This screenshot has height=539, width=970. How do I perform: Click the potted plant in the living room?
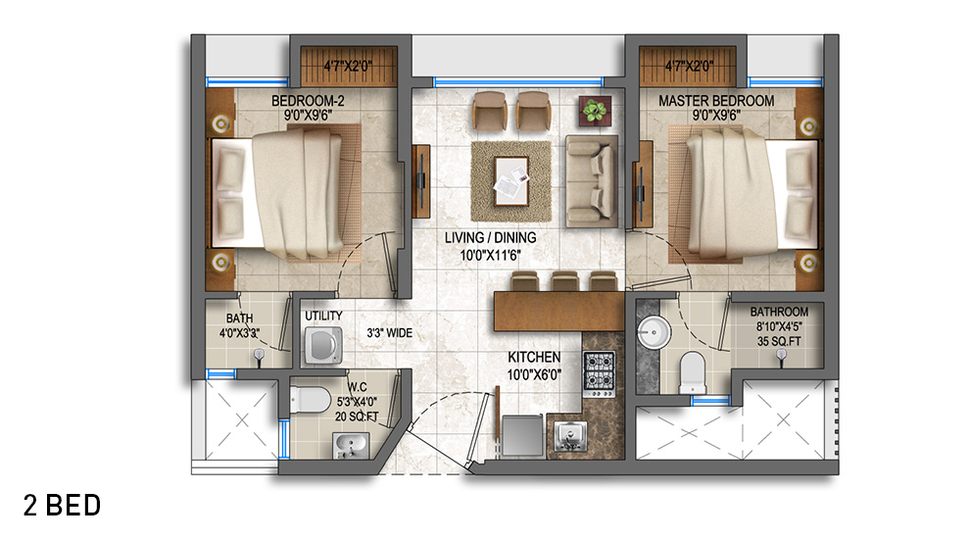tap(595, 112)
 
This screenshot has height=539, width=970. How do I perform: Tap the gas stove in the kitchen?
tap(599, 373)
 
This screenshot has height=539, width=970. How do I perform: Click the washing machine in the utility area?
tap(323, 345)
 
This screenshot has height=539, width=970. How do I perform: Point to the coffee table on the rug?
tap(511, 180)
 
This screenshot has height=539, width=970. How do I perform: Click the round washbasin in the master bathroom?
tap(653, 332)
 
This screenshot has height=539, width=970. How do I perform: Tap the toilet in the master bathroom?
tap(693, 372)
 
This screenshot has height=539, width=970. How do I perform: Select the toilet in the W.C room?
tap(311, 399)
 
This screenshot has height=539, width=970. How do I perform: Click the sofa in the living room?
tap(592, 180)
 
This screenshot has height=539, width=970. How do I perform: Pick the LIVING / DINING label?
tap(491, 237)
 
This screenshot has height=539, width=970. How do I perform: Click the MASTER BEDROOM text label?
tap(716, 100)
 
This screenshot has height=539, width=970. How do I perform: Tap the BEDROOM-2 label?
tap(308, 100)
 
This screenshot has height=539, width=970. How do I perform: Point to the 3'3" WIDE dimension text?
tap(389, 333)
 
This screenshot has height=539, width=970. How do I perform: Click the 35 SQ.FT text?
tap(779, 342)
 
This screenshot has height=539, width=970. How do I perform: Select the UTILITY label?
tap(323, 316)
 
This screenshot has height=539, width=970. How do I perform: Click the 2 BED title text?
tap(62, 506)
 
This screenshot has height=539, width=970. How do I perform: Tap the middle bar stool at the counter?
tap(564, 281)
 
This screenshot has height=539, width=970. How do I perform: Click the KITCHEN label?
tap(534, 357)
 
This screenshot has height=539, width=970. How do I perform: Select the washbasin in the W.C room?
tap(351, 446)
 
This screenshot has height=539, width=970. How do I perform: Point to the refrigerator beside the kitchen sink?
tap(523, 436)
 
